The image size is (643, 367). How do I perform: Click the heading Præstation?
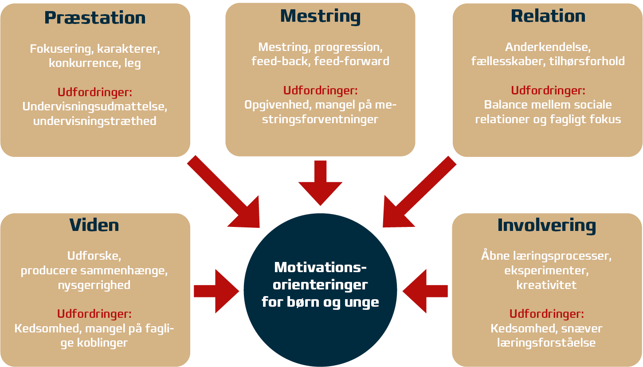click(x=95, y=18)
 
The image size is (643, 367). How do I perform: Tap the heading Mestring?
click(x=320, y=16)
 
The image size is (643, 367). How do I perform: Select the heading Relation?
click(x=548, y=16)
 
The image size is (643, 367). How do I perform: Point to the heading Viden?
click(x=94, y=225)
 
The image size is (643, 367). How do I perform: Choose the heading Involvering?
click(x=546, y=225)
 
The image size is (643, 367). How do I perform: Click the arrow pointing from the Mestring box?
click(x=320, y=182)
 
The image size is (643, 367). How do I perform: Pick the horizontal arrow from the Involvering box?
click(x=425, y=291)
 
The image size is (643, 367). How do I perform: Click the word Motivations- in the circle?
click(x=320, y=268)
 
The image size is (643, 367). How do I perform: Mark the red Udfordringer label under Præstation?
click(x=95, y=92)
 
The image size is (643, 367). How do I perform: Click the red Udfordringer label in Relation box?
click(x=548, y=90)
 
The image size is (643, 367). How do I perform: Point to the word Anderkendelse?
click(x=548, y=47)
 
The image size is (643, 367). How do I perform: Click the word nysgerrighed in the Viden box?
click(x=94, y=285)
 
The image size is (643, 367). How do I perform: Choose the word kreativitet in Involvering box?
click(x=546, y=285)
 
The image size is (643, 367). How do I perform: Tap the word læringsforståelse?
click(x=546, y=343)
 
